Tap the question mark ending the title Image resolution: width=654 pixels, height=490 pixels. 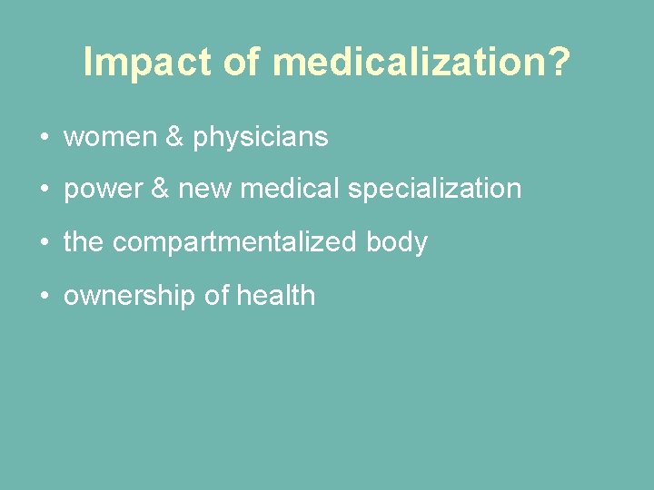559,63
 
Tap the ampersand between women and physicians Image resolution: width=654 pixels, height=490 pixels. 175,137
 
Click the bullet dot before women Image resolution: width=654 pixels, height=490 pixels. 44,138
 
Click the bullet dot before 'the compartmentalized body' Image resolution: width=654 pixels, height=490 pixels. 44,243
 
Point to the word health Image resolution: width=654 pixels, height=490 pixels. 275,295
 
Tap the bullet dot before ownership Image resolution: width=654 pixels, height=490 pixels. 44,296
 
